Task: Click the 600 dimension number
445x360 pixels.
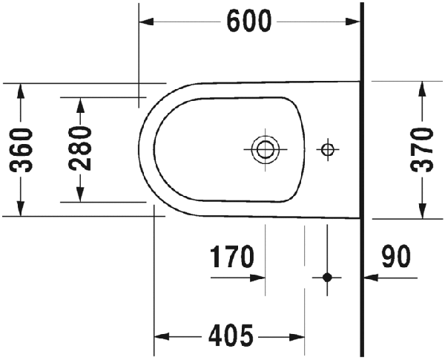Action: (x=249, y=22)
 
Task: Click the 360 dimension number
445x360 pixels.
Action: (x=22, y=150)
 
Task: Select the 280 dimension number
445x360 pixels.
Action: (x=80, y=148)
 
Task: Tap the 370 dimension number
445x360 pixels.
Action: (x=422, y=150)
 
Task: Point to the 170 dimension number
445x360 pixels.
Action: (x=231, y=257)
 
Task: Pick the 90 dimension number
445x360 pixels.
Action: (x=395, y=257)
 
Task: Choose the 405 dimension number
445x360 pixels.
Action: (x=231, y=336)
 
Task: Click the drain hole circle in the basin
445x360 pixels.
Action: (x=266, y=149)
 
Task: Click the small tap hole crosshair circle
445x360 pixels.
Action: (x=328, y=149)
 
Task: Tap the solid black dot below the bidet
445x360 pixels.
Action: (x=327, y=278)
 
